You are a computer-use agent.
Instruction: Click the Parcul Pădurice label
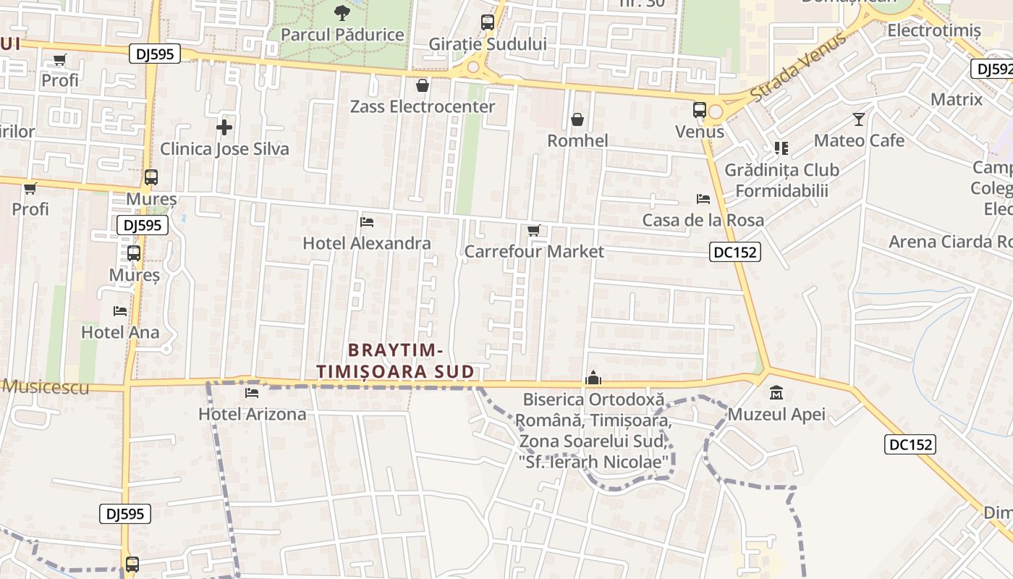click(x=342, y=34)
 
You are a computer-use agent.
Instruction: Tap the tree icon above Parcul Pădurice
click(x=342, y=12)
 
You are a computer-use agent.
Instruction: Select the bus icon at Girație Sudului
click(x=488, y=22)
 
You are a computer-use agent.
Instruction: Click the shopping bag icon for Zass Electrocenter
click(x=423, y=86)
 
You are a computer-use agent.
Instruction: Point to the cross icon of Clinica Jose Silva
click(x=224, y=128)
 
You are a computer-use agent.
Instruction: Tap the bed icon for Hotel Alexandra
click(x=367, y=221)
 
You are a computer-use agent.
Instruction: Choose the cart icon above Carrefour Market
click(x=534, y=231)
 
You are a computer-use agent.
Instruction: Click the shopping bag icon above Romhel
click(x=577, y=119)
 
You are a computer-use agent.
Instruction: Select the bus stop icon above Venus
click(x=699, y=111)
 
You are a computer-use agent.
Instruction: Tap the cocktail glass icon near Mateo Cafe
click(x=859, y=119)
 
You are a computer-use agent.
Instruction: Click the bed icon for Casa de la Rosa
click(x=703, y=199)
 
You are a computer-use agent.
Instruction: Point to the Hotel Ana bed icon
click(x=120, y=311)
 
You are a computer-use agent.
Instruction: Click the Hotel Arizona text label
click(x=253, y=415)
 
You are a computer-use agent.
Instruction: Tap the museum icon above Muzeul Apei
click(x=776, y=394)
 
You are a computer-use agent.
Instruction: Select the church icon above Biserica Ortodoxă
click(x=593, y=378)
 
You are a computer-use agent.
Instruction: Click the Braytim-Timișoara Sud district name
click(x=395, y=360)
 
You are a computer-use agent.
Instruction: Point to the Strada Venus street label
click(x=797, y=67)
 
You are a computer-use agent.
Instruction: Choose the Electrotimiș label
click(x=934, y=31)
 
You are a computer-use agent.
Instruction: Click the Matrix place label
click(x=957, y=99)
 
